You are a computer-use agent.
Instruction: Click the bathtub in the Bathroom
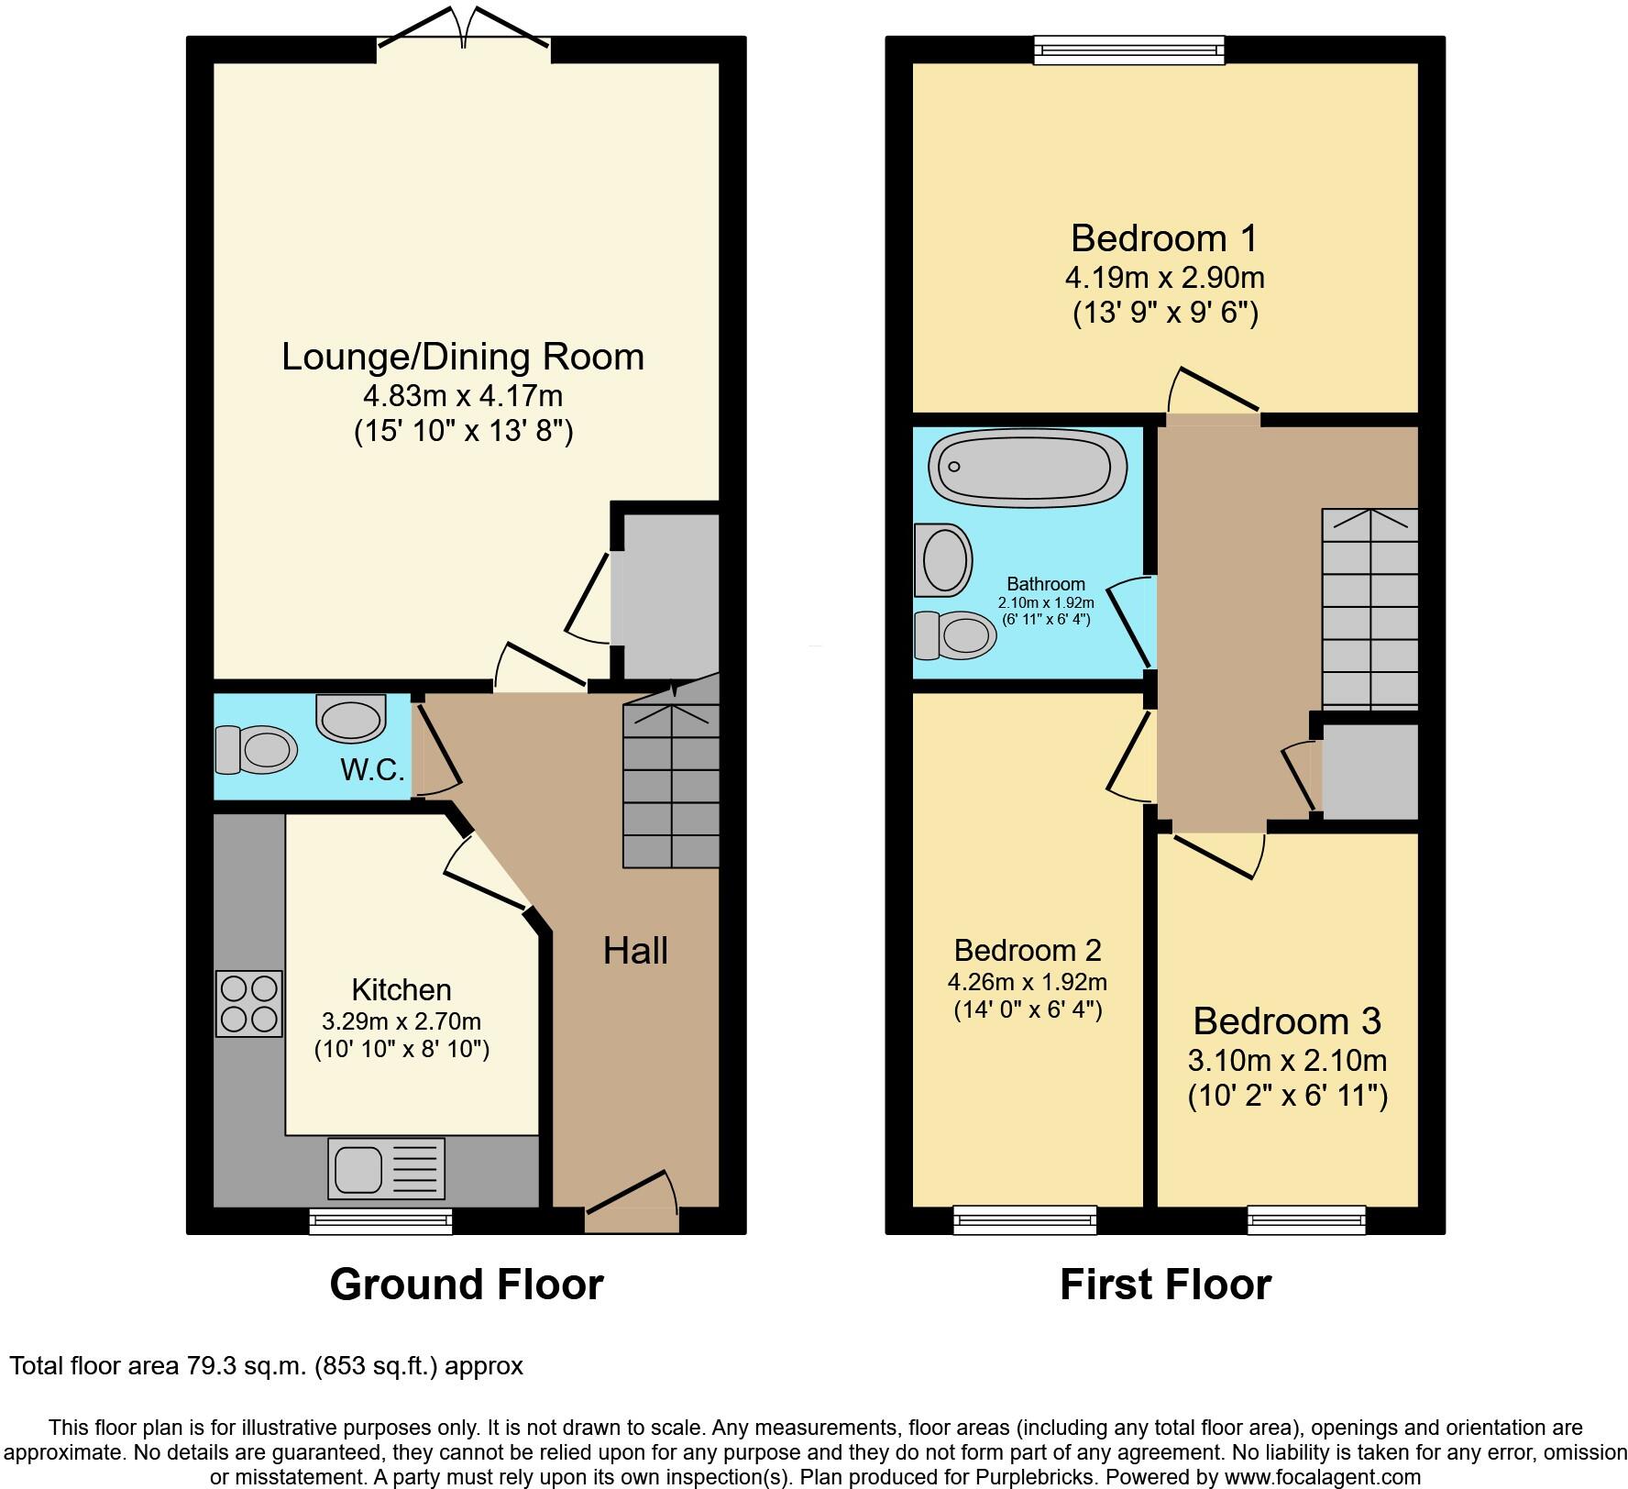1028,469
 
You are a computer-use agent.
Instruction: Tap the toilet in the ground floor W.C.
256,750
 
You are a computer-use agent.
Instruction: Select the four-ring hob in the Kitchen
249,1003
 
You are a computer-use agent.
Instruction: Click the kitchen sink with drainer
387,1168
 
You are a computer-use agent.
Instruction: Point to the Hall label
635,951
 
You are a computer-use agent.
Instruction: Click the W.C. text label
372,770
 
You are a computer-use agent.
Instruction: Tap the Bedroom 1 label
1164,238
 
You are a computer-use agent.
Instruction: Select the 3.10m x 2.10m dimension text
1287,1061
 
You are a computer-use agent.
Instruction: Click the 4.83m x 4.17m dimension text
463,396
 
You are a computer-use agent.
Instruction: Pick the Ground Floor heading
466,1285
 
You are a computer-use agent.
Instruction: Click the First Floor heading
1165,1285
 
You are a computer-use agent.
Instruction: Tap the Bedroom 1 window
1128,50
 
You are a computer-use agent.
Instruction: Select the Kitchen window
380,1220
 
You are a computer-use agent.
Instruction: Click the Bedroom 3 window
1306,1220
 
